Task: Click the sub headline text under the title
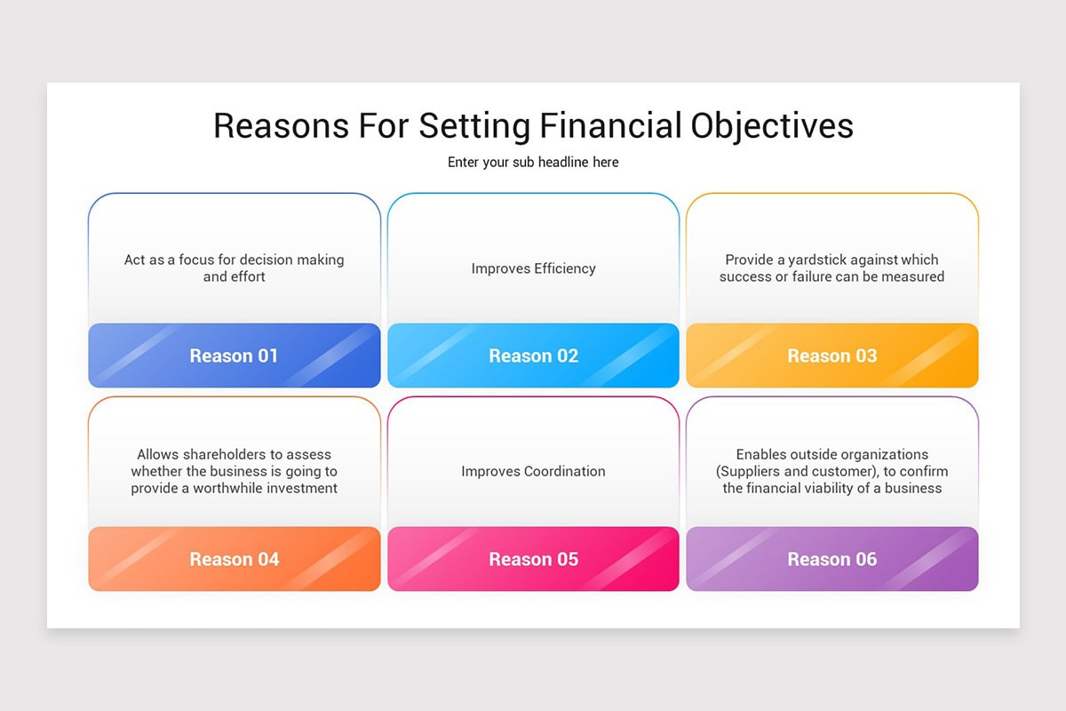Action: coord(533,162)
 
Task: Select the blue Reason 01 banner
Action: coord(235,355)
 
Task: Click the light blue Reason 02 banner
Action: coord(533,355)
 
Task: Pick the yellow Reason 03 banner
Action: coord(832,355)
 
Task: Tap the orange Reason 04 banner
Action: coord(235,559)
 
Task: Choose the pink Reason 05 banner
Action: coord(533,559)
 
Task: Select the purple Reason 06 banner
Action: coord(832,559)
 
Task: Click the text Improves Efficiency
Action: coord(533,268)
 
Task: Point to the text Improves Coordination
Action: coord(533,471)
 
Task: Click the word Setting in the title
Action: coord(475,125)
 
